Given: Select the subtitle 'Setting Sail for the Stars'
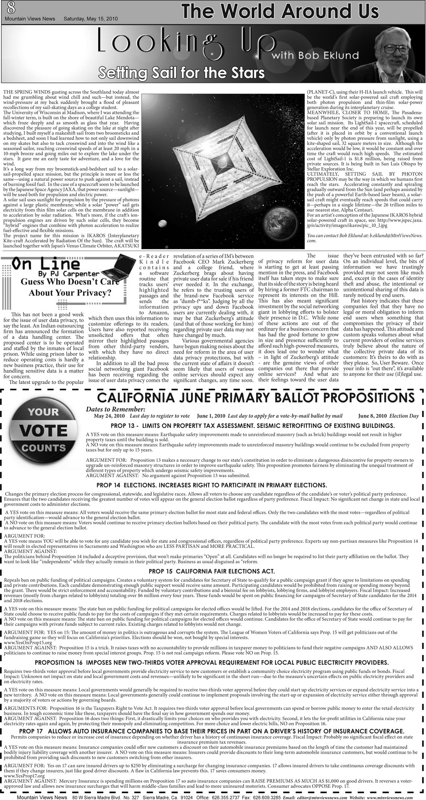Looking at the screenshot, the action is tap(182, 73).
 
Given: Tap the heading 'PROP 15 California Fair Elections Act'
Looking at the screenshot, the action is tap(212, 571).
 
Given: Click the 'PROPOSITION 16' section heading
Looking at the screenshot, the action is tap(212, 662).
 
